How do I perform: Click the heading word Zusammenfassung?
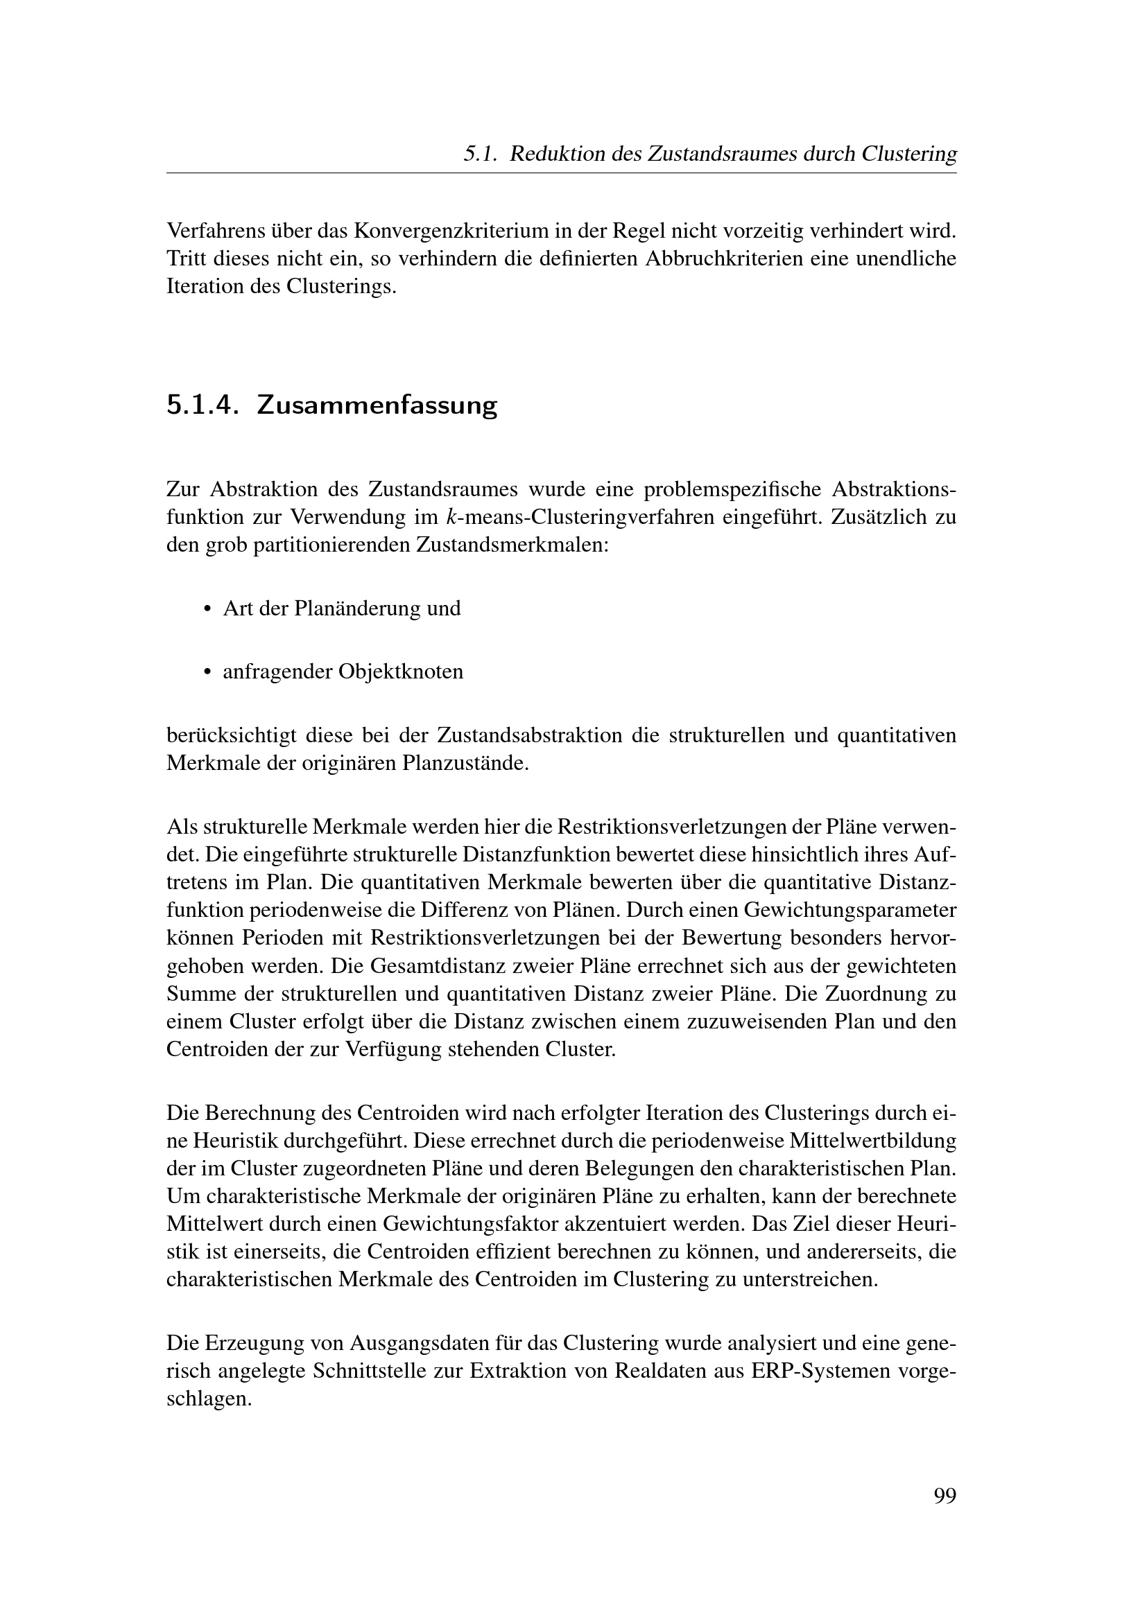(x=377, y=405)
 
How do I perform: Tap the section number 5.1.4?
(x=200, y=405)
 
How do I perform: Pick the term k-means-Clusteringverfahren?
(x=582, y=517)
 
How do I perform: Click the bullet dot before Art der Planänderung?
(x=207, y=609)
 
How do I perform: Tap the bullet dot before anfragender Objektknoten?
(x=207, y=672)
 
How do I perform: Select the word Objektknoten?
(x=400, y=672)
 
